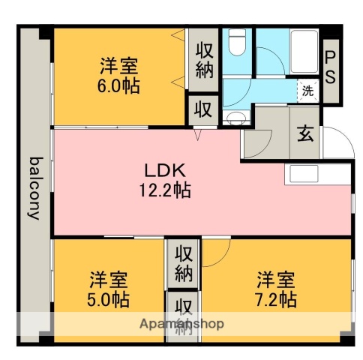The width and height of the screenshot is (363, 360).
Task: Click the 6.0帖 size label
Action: pos(119,85)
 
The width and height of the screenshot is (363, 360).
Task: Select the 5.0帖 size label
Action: pos(109,300)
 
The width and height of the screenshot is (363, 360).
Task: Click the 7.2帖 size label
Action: pos(275,300)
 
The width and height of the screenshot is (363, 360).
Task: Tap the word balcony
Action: pos(34,187)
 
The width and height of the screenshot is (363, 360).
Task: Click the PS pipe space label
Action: pos(330,66)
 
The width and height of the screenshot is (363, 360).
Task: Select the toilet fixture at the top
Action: pos(238,43)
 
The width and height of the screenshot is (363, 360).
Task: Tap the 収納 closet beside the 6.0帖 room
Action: pos(204,61)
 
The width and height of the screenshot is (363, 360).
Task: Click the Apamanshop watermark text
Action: pos(181,325)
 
